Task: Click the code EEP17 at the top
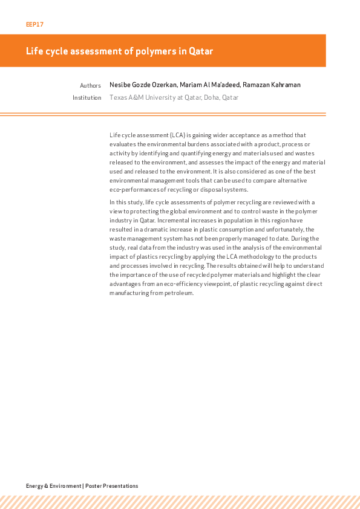[x=34, y=25]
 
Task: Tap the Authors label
[x=90, y=86]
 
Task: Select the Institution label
[x=87, y=97]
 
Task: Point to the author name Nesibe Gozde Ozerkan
[x=143, y=85]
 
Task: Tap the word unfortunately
[x=296, y=230]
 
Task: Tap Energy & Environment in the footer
[x=53, y=486]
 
